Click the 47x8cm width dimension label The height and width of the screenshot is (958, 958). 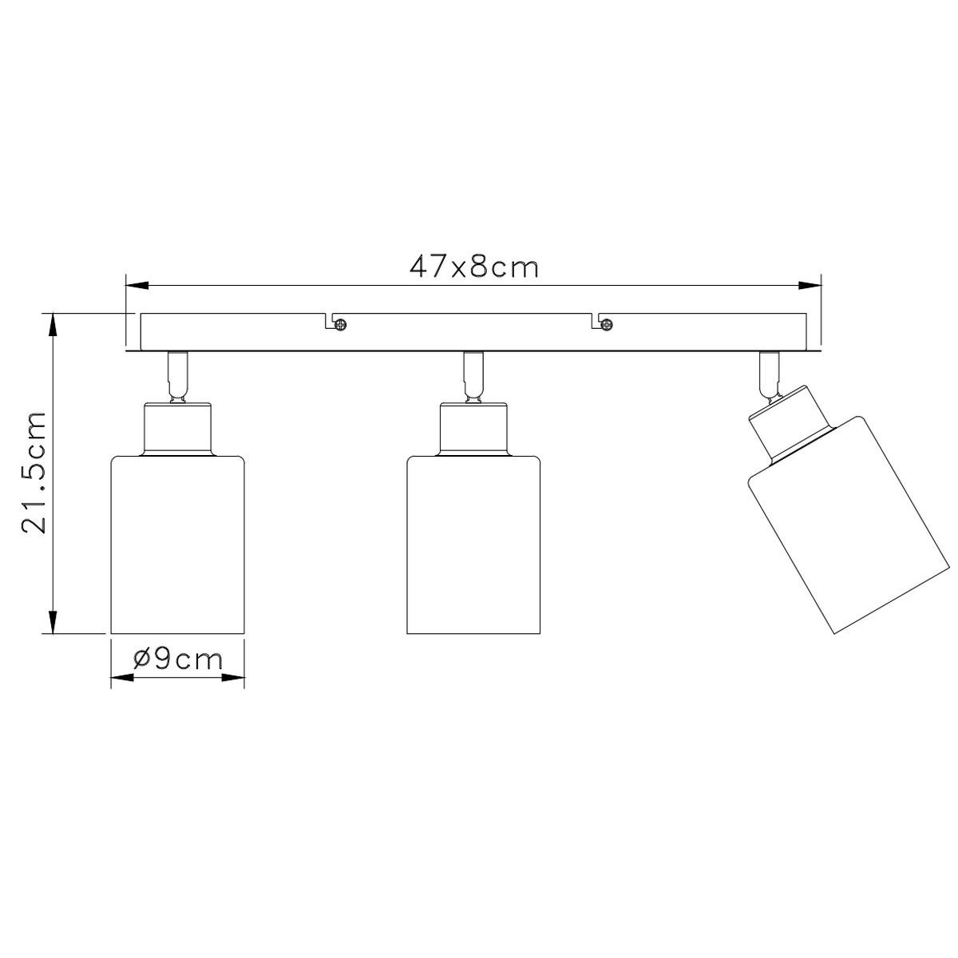(473, 267)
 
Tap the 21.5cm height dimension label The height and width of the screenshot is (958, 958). (34, 473)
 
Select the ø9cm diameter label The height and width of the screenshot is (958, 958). (177, 659)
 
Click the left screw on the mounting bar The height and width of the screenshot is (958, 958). (341, 325)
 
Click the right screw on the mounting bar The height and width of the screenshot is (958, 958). (607, 325)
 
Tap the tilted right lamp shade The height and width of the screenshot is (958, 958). (845, 525)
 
